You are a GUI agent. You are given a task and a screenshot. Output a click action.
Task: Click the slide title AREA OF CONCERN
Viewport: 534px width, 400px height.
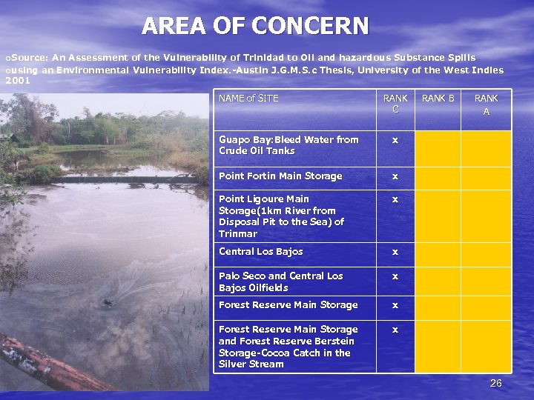point(255,26)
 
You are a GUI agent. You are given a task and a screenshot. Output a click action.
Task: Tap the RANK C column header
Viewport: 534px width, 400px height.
point(395,104)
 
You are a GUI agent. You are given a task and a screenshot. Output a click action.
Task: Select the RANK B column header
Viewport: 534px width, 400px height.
point(438,98)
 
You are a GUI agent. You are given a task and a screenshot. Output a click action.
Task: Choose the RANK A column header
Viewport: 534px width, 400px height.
point(486,104)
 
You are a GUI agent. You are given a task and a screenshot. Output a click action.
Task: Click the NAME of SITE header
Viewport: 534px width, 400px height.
point(248,98)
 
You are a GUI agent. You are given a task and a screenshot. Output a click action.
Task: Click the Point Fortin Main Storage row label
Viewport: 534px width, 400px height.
point(280,176)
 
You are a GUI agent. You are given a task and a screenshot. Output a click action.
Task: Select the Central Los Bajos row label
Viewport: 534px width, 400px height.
point(260,252)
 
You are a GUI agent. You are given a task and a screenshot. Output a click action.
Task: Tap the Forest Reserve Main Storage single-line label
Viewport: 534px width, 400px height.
point(288,305)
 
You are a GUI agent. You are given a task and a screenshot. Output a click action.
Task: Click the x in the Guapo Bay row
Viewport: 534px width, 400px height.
point(395,139)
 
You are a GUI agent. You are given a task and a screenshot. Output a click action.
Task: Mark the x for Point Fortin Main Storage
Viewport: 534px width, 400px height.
point(395,176)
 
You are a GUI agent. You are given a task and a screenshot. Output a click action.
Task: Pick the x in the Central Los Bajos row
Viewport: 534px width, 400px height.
point(395,252)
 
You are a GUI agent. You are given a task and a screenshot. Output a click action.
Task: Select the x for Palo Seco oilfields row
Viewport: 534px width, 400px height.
point(395,276)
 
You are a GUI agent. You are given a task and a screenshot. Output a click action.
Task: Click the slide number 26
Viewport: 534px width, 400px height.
point(496,383)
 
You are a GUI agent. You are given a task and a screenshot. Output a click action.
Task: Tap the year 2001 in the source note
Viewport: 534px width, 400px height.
point(18,81)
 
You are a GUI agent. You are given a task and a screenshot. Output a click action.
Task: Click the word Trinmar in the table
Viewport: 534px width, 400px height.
point(237,233)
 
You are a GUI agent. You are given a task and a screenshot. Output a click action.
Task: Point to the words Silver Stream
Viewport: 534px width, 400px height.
point(251,364)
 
